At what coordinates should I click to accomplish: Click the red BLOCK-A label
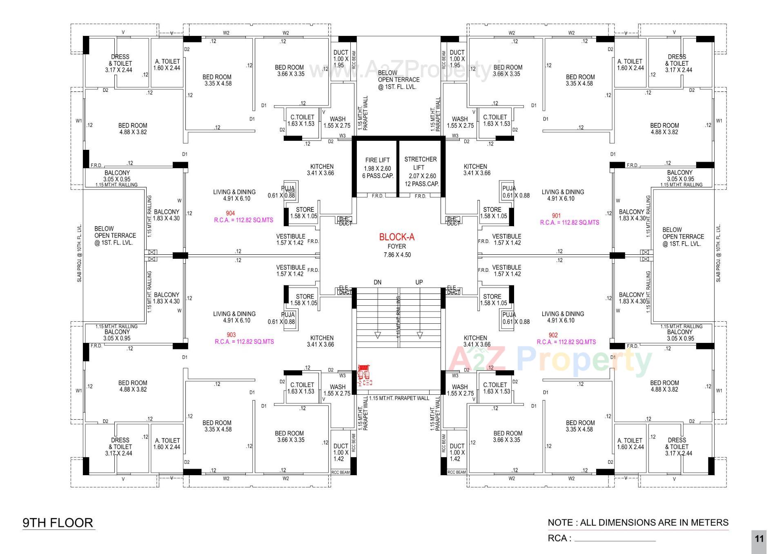(x=396, y=237)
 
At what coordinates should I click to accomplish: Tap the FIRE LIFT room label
(x=377, y=160)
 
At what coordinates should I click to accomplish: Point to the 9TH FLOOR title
(x=58, y=523)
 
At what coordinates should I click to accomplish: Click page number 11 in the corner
(x=759, y=539)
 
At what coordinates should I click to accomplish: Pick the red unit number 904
(x=230, y=213)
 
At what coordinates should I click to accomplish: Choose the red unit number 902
(x=553, y=335)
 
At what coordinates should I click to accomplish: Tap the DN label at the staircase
(x=377, y=282)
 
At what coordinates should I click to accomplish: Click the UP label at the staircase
(x=419, y=282)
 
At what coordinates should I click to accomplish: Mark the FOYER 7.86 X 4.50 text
(x=396, y=251)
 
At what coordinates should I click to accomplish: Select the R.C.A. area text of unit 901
(x=569, y=222)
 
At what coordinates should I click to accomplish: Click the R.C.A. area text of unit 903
(x=244, y=342)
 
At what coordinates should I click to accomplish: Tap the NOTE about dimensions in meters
(x=638, y=523)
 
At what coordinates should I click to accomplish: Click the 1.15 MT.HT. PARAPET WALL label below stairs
(x=399, y=398)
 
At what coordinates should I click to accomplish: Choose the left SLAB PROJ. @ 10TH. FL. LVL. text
(x=79, y=253)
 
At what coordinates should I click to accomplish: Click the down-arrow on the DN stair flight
(x=378, y=335)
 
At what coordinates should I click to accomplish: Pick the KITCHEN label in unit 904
(x=322, y=167)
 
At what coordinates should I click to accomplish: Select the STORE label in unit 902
(x=492, y=297)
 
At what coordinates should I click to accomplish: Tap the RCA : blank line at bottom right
(x=615, y=539)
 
